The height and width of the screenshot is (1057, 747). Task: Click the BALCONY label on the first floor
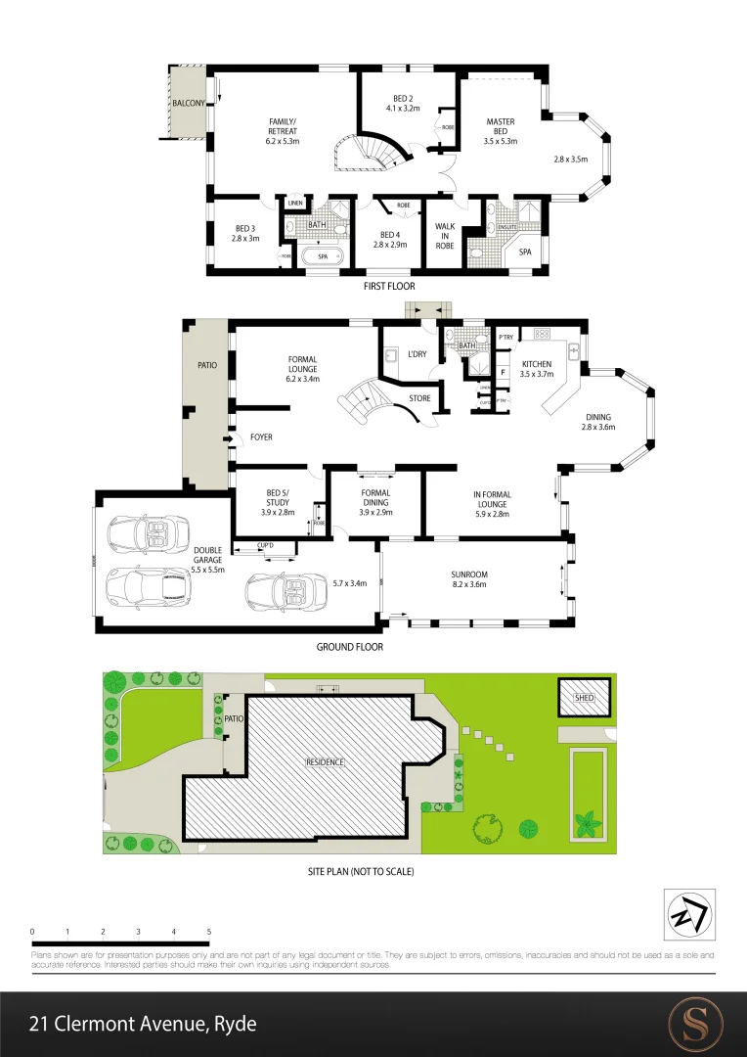(x=189, y=103)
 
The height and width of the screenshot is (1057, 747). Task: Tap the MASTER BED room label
(x=500, y=131)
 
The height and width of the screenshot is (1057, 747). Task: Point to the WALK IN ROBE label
(x=445, y=235)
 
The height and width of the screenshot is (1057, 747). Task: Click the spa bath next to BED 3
(x=321, y=256)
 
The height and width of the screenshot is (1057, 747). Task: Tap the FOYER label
(x=261, y=437)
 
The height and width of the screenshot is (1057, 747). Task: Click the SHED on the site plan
(x=584, y=698)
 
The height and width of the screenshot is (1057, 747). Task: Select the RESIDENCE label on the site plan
(x=326, y=761)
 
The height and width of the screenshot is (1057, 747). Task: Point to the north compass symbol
(x=689, y=914)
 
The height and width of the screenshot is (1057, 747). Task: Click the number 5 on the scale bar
(x=209, y=931)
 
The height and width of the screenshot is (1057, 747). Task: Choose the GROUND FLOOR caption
(x=349, y=647)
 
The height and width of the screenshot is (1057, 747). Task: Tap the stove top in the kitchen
(x=543, y=334)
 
